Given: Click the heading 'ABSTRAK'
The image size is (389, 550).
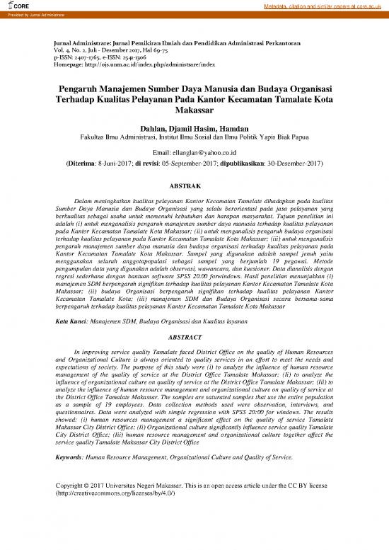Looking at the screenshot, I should click(194, 185).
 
